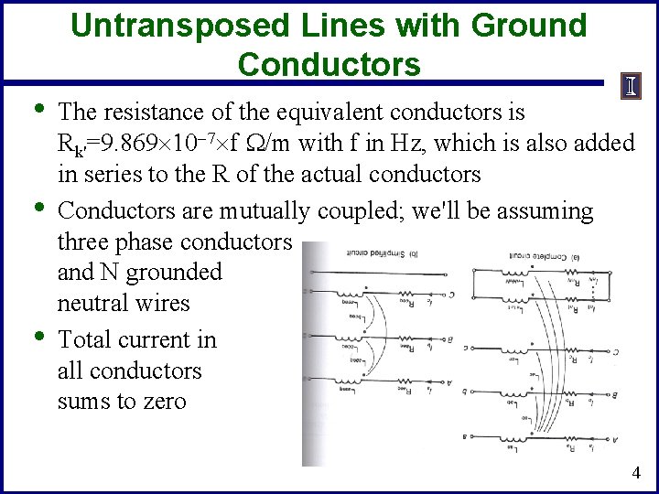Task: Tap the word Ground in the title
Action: (529, 26)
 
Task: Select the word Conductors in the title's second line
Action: (329, 64)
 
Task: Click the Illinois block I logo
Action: (632, 87)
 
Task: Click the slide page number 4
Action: (635, 473)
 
